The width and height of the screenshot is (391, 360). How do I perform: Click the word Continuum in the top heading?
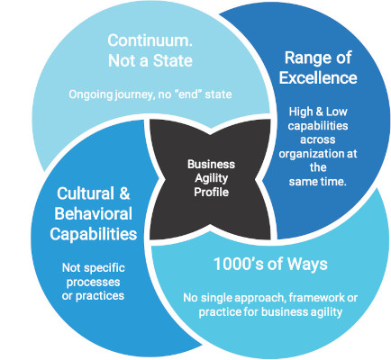[150, 40]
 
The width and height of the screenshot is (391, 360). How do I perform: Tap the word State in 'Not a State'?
[173, 61]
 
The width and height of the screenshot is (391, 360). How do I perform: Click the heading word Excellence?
[318, 77]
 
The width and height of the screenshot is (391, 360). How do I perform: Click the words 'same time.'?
[318, 181]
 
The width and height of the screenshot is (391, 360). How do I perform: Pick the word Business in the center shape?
[211, 165]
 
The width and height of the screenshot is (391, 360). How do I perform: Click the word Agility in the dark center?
[212, 178]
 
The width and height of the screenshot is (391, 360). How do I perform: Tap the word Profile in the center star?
[212, 192]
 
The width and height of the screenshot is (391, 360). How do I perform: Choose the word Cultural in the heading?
[86, 193]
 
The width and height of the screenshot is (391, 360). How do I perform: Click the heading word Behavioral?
[94, 213]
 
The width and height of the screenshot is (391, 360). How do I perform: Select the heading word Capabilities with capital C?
[94, 234]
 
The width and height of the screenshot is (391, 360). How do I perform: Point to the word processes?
[93, 282]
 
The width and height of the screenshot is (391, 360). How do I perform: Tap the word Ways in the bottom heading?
[307, 265]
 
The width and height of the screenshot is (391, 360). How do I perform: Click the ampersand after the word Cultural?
[124, 193]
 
